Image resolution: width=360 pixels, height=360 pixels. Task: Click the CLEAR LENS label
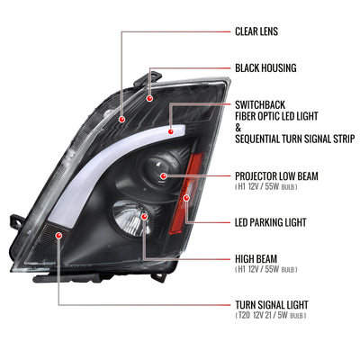(x=256, y=31)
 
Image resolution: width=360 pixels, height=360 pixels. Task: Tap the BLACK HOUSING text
(x=265, y=68)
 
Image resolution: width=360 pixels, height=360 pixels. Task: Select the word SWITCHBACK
(x=260, y=105)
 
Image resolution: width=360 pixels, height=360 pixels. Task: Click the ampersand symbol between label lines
(x=238, y=128)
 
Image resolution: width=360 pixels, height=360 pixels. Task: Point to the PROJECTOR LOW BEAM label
(x=276, y=176)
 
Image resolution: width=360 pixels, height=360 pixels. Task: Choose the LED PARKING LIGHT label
(x=271, y=222)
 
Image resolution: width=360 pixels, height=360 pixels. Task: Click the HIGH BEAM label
(x=256, y=259)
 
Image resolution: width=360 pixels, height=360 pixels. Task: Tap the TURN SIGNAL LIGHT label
(x=272, y=305)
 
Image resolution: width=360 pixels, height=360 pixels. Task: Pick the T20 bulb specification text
(x=271, y=315)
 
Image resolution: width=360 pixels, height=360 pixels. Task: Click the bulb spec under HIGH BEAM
(x=266, y=269)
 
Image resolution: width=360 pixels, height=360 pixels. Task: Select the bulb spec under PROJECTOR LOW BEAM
(x=266, y=186)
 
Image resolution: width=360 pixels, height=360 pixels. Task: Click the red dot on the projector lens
(x=164, y=176)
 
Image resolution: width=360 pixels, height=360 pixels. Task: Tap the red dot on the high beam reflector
(x=144, y=217)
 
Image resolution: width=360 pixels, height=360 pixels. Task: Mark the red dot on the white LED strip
(x=171, y=131)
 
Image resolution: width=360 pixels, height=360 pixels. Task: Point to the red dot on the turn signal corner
(x=58, y=235)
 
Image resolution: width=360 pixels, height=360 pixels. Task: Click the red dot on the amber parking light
(x=186, y=198)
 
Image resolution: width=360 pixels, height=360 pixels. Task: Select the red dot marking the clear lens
(x=121, y=120)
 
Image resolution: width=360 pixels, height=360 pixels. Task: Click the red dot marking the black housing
(x=149, y=98)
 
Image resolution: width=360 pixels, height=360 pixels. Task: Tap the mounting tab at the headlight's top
(x=149, y=77)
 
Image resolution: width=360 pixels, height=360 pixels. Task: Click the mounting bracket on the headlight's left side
(x=17, y=222)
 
